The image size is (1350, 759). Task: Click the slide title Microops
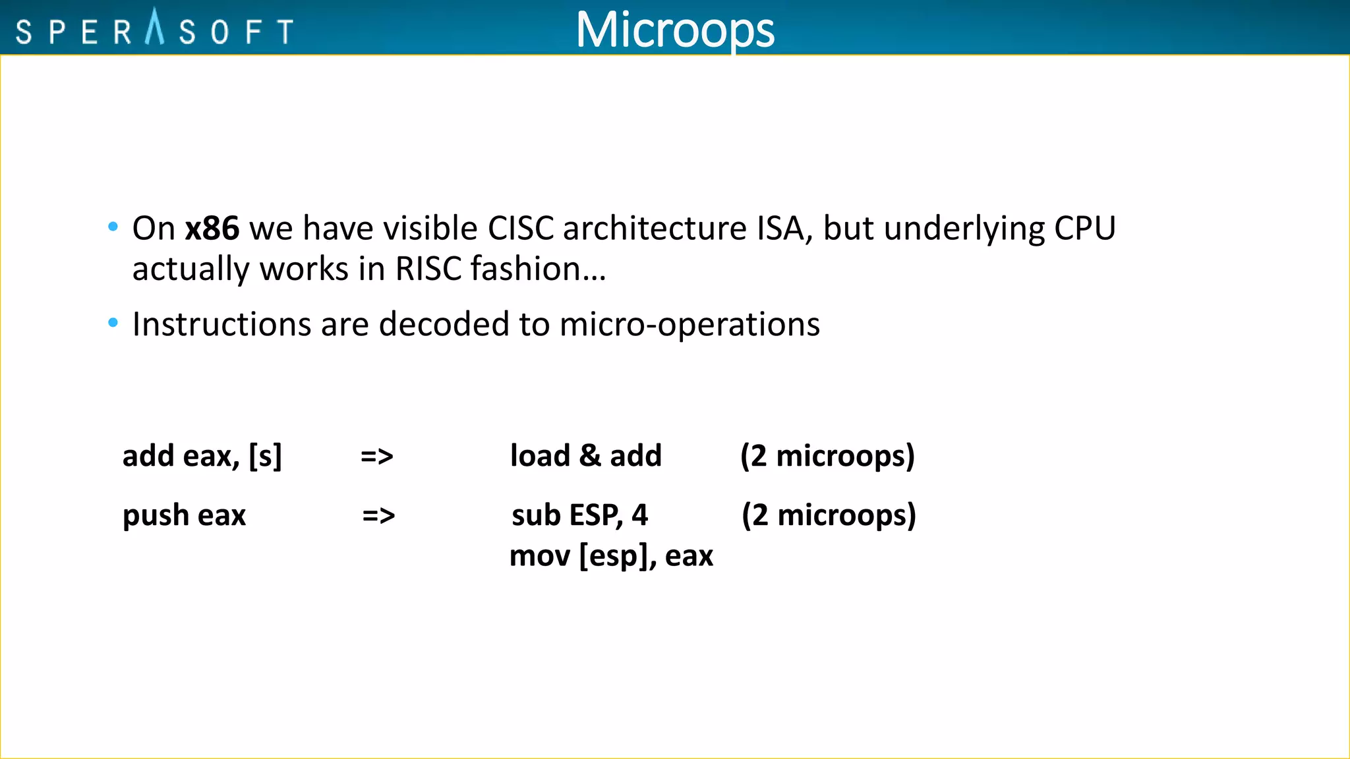pos(675,30)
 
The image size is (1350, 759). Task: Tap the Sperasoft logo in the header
pos(154,29)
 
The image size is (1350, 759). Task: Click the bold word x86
pos(212,229)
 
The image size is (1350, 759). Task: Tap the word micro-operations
pos(690,324)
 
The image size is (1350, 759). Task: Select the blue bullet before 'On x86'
pos(113,227)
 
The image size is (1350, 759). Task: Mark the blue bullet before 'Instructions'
pos(113,323)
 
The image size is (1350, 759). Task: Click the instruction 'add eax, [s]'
pos(202,456)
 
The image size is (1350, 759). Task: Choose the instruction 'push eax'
pos(184,515)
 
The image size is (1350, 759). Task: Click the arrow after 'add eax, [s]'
pos(377,456)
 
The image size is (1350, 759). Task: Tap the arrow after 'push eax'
pos(378,515)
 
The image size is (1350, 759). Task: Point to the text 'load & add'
pos(585,456)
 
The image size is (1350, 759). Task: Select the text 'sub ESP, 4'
pos(579,515)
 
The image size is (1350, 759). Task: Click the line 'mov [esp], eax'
pos(611,556)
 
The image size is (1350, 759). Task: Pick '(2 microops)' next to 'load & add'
pos(827,456)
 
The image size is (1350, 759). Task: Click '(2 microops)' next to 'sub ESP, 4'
pos(829,515)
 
